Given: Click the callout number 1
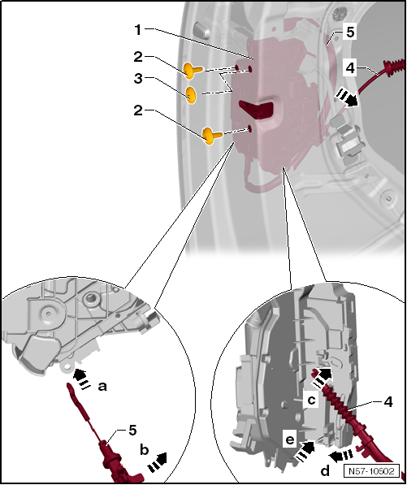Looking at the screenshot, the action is click(x=137, y=30).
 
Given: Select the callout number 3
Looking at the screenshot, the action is click(x=138, y=79).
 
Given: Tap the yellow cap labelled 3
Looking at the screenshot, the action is click(x=191, y=94).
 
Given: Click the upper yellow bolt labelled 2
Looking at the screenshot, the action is click(x=193, y=70).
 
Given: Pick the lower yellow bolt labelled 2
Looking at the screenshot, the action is click(x=212, y=136).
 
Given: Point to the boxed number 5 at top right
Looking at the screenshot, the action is click(x=350, y=32).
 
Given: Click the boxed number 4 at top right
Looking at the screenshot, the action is click(x=349, y=68).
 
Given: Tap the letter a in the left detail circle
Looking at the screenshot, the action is click(x=102, y=386).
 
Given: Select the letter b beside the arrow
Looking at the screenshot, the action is click(x=144, y=450).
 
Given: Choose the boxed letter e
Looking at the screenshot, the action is click(x=289, y=440).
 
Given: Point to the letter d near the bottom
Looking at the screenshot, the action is click(x=325, y=471).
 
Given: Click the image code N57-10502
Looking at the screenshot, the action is click(x=371, y=471).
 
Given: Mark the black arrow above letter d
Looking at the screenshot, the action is click(x=340, y=454).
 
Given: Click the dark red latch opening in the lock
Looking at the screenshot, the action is click(x=256, y=109).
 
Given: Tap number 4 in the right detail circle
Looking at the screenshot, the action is click(x=388, y=402).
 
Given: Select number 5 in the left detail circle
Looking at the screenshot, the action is click(x=132, y=431).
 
